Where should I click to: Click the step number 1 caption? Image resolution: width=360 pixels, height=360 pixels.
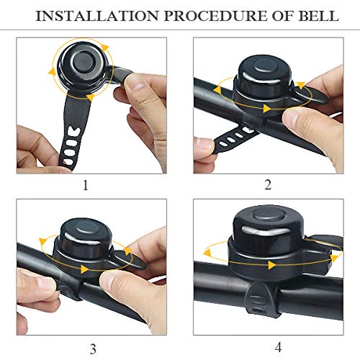coord(86,185)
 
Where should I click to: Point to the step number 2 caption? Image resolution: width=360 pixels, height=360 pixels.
coord(268,185)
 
